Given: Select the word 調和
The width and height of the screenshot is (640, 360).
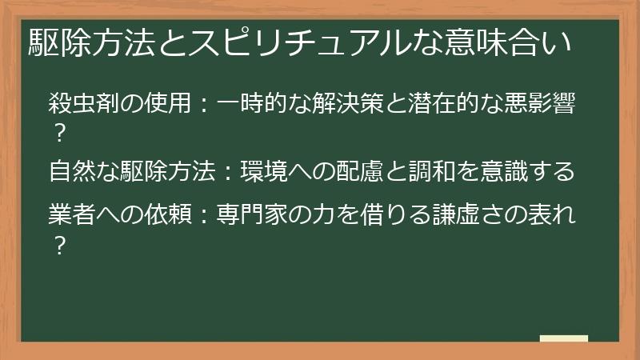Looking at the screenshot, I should click(429, 171).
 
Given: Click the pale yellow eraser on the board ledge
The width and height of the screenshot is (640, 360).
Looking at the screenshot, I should click(563, 338).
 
